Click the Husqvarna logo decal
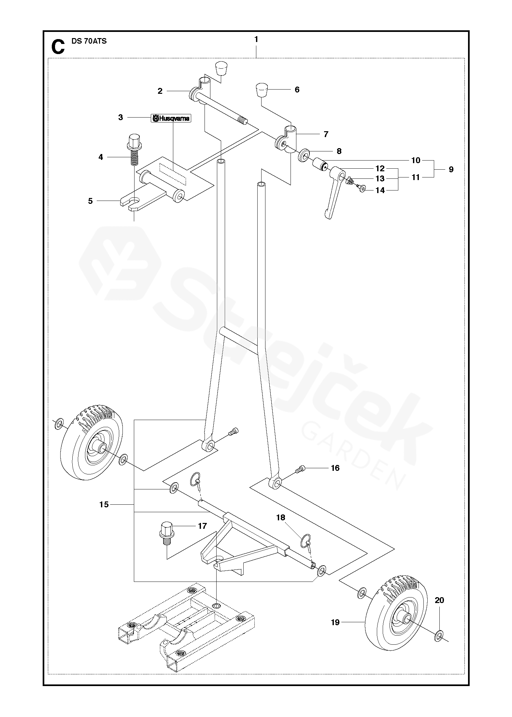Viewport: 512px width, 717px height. point(171,118)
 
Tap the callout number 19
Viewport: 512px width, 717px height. point(335,622)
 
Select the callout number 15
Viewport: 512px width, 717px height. point(104,504)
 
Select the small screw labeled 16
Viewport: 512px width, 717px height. point(300,469)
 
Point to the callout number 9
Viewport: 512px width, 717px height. point(451,169)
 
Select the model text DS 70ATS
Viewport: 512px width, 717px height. point(89,41)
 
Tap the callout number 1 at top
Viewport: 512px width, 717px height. point(256,39)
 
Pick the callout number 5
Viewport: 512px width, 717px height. point(91,201)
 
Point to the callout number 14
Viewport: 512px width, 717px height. point(380,190)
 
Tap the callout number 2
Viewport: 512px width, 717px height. point(160,91)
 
